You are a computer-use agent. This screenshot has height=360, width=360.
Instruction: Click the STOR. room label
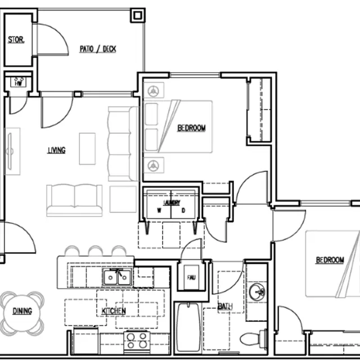15,40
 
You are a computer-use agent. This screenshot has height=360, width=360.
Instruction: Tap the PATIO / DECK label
98,49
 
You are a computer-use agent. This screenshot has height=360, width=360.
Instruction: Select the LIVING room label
56,150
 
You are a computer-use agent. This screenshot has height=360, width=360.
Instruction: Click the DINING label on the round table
22,311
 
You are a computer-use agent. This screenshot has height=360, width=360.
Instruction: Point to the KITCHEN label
114,310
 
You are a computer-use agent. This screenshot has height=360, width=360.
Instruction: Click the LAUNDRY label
172,202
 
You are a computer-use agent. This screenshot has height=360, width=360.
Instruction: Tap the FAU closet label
192,276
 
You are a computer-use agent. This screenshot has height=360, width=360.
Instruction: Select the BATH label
225,307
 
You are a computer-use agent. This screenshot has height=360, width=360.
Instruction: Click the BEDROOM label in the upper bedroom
191,128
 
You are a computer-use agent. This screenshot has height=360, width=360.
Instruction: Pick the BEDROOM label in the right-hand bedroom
330,260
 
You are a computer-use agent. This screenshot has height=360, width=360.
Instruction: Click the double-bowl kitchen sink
117,277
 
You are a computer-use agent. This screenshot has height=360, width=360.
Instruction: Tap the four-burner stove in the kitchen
137,340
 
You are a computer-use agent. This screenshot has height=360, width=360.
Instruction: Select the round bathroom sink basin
257,291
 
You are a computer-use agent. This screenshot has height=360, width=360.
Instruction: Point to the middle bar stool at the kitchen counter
96,251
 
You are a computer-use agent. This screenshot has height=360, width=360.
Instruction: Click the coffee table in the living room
87,148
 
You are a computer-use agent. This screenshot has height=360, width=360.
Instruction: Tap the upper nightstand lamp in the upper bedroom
155,90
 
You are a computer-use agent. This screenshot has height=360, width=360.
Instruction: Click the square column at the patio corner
138,15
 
